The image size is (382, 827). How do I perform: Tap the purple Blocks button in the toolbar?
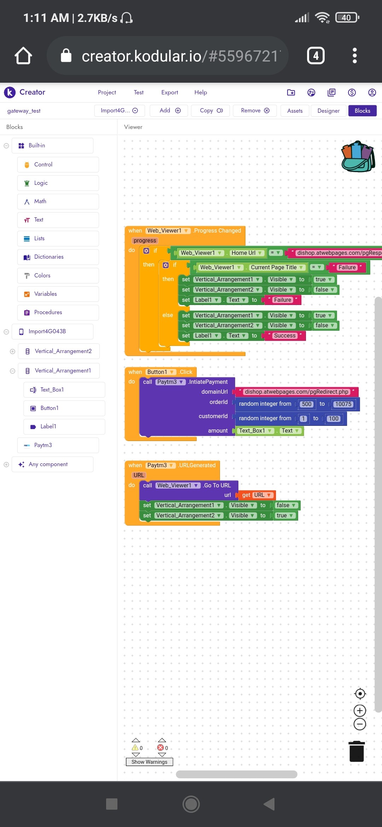[x=362, y=111]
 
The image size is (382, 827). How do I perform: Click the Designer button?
[x=328, y=111]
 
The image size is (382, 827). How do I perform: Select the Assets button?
[x=295, y=111]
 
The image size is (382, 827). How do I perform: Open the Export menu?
[x=169, y=92]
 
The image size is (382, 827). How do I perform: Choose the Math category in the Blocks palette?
[x=40, y=201]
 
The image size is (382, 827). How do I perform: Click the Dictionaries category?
[x=49, y=257]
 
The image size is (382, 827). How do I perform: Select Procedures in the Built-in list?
[x=48, y=312]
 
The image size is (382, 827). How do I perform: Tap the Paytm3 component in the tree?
[x=43, y=445]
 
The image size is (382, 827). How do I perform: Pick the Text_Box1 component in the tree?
[x=52, y=390]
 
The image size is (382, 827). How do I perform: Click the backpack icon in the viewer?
[x=358, y=157]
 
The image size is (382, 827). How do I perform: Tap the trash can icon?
[x=357, y=751]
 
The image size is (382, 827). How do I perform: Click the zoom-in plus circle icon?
[x=360, y=710]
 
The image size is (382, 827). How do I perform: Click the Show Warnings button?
[x=149, y=762]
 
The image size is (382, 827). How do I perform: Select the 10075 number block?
[x=343, y=404]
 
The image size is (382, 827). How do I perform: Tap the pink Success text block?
[x=285, y=336]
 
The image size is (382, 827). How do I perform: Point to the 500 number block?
[x=306, y=404]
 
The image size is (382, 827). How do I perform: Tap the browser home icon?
[x=23, y=56]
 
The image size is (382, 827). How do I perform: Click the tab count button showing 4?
[x=316, y=56]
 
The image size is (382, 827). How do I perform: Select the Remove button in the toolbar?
[x=255, y=111]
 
